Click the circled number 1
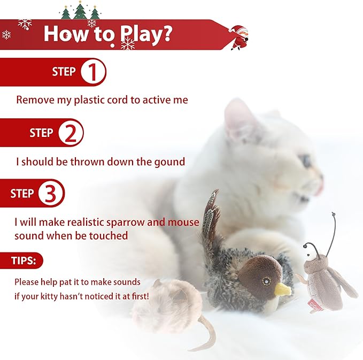click(x=94, y=72)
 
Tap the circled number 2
click(x=71, y=133)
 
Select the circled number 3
click(x=51, y=193)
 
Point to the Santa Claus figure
click(x=239, y=37)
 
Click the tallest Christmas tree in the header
click(x=80, y=10)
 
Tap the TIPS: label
click(x=24, y=261)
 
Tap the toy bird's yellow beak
click(x=282, y=289)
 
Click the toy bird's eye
click(x=266, y=281)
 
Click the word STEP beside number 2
click(x=41, y=133)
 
